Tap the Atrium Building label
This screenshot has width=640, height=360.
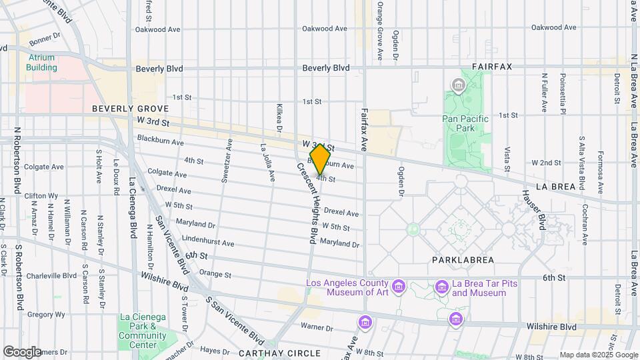point(41,62)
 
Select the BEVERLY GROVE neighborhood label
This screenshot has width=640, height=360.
point(130,108)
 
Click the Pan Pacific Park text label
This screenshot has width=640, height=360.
point(465,123)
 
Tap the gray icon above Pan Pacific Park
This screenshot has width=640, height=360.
point(458,85)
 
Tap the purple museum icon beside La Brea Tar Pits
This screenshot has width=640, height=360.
point(441,287)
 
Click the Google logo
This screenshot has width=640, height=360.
point(22,351)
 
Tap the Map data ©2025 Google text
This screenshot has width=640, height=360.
point(598,355)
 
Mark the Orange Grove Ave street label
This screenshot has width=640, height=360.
point(379,31)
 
